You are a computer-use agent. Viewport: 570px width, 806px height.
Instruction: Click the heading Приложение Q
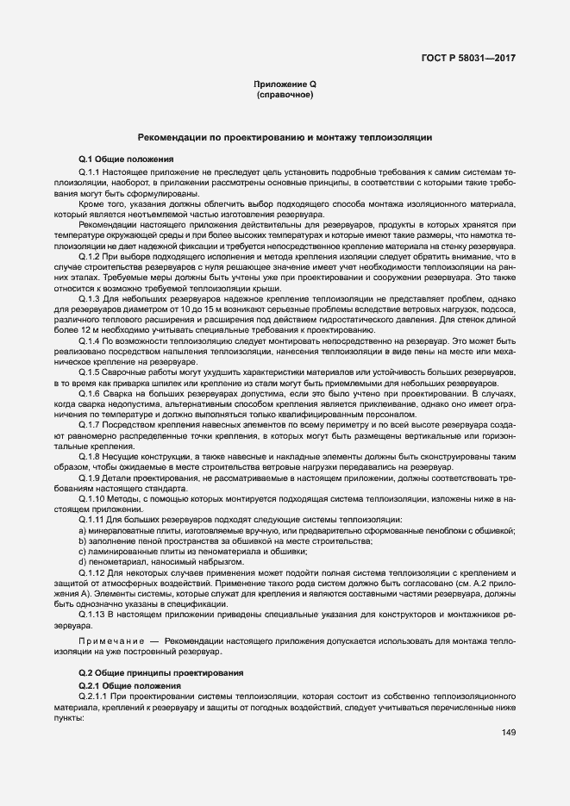click(285, 84)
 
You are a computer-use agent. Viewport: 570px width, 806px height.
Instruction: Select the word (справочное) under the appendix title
click(285, 94)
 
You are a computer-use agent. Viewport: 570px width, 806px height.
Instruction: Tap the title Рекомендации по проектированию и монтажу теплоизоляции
click(285, 138)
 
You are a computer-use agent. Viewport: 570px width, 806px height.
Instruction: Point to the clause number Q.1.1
click(89, 172)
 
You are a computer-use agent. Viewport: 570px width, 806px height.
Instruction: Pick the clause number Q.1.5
click(89, 371)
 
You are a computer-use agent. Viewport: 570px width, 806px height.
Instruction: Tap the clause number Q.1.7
click(89, 425)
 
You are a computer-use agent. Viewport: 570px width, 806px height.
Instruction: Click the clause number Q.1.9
click(89, 477)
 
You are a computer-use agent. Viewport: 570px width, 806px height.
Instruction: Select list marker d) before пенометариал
click(81, 561)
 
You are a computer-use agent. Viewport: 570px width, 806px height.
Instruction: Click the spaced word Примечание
click(110, 641)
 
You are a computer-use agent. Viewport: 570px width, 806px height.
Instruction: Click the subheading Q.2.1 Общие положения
click(129, 684)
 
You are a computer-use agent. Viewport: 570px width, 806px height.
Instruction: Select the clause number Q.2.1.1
click(91, 694)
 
